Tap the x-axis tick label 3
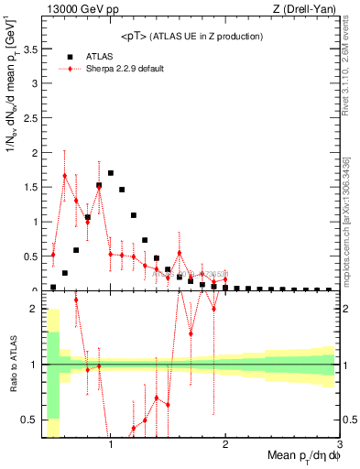[x=339, y=444]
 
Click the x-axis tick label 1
[x=110, y=444]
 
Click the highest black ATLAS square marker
[x=111, y=173]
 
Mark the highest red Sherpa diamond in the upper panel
[x=65, y=175]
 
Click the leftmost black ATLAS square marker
[x=53, y=287]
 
